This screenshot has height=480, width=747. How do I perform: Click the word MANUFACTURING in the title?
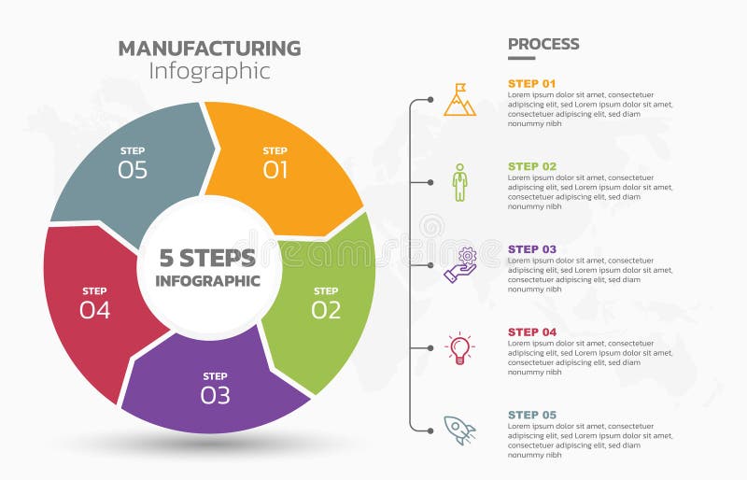click(x=209, y=49)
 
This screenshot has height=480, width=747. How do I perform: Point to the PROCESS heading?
click(x=543, y=44)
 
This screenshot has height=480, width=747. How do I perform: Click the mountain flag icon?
click(x=459, y=100)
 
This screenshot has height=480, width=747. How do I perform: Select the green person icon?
click(x=459, y=182)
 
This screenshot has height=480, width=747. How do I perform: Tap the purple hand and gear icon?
click(x=460, y=265)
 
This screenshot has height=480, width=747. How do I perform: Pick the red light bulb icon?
click(x=459, y=347)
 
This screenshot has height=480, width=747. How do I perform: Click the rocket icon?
click(x=459, y=430)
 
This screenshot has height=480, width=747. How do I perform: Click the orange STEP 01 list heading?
click(x=531, y=83)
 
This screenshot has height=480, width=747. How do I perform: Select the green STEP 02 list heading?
click(x=531, y=166)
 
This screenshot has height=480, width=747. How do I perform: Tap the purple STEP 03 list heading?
click(x=531, y=249)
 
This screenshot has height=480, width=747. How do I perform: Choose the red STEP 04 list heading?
click(x=531, y=332)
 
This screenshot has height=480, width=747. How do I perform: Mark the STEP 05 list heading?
click(x=531, y=415)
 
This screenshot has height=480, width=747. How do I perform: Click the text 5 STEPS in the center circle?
click(x=207, y=257)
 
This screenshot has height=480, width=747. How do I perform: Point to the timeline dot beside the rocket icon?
click(x=430, y=431)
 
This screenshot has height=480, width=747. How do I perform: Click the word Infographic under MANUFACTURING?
click(x=209, y=71)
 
